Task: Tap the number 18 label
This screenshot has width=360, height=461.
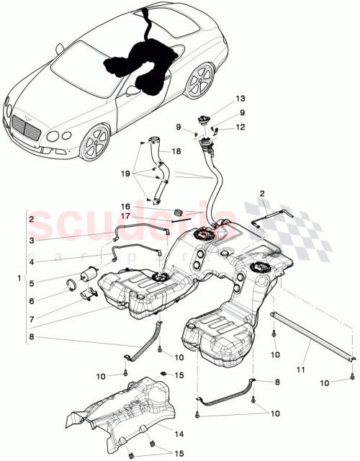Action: [177, 152]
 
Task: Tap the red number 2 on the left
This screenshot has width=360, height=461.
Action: [32, 218]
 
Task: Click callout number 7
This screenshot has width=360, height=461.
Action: [32, 318]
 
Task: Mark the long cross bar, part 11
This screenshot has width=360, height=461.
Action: [313, 336]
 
